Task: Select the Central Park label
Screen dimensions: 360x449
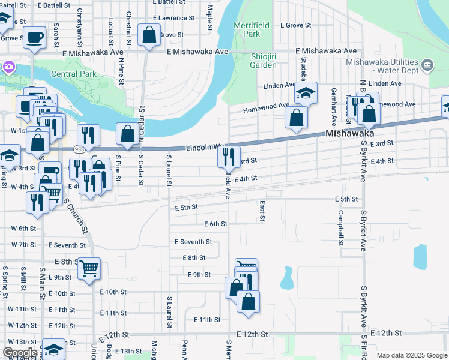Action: pos(74,74)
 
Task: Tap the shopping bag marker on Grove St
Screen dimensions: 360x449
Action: pos(148,35)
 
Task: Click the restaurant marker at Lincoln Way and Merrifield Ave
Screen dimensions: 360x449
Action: pos(228,157)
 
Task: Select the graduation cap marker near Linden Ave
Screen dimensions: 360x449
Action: pos(306,93)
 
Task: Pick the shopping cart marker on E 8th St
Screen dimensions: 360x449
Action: pos(89,268)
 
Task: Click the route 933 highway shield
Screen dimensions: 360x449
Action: pos(80,148)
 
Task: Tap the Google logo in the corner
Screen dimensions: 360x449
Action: pos(20,353)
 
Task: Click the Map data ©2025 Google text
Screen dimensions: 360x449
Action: pos(411,355)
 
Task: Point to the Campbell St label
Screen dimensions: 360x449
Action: pos(340,228)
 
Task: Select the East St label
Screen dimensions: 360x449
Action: pos(262,211)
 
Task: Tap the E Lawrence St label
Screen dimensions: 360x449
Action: pos(174,18)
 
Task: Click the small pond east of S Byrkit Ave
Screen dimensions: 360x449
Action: pos(420,256)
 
